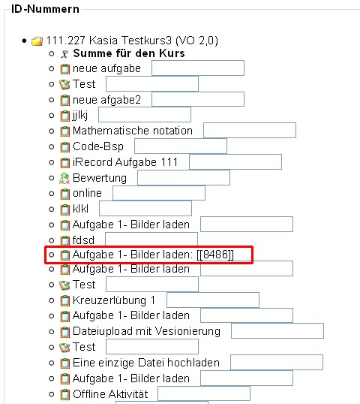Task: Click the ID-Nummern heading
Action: (45, 9)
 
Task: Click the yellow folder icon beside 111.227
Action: (37, 41)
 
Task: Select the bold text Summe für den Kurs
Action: (129, 53)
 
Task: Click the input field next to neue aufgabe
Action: (198, 68)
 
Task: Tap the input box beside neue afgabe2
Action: (198, 99)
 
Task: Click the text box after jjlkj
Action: (145, 115)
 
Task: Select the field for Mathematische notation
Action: (250, 131)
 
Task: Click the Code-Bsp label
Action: (98, 146)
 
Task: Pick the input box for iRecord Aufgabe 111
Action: (235, 161)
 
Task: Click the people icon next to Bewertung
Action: (64, 178)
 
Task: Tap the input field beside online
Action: (159, 193)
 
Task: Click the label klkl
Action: (80, 209)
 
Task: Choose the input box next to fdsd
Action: (151, 239)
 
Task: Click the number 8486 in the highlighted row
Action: (215, 255)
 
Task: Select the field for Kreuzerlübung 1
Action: (213, 300)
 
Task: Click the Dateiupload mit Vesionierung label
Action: (146, 331)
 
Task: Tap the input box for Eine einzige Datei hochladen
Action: (277, 362)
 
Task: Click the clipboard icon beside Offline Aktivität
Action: (64, 394)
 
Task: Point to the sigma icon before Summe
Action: (64, 54)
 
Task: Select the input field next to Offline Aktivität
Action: (204, 393)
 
